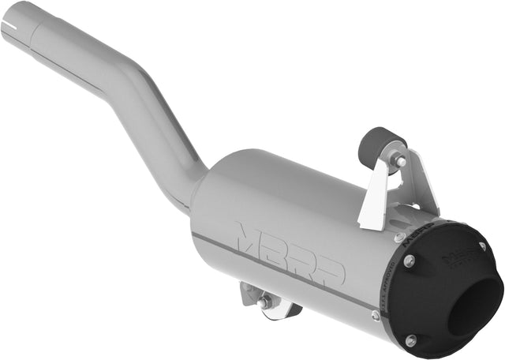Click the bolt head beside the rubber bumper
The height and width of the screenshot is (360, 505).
[401, 161]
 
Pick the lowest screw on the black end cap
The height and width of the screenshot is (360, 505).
[411, 340]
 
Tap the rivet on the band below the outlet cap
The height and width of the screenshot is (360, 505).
[376, 315]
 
